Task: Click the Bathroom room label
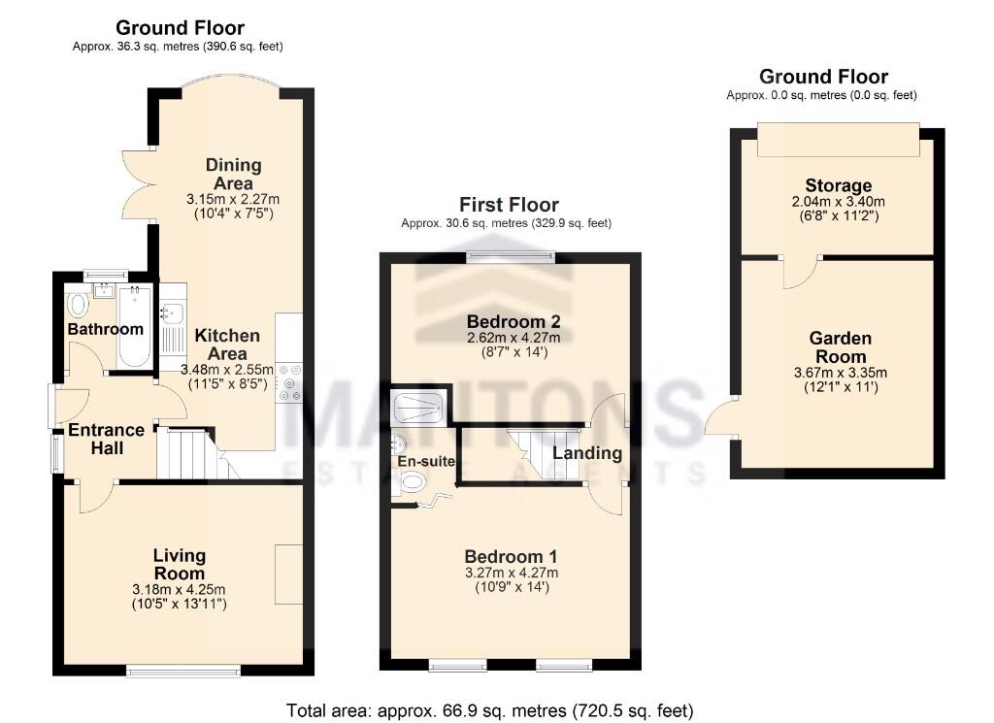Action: [106, 329]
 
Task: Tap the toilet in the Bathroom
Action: [78, 305]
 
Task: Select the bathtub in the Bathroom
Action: [134, 326]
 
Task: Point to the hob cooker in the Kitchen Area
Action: [288, 381]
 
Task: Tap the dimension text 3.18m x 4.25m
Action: [179, 589]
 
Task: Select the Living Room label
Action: [179, 564]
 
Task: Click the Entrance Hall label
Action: [106, 439]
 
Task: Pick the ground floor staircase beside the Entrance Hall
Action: [190, 454]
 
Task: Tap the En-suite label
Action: [425, 462]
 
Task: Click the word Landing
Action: [587, 453]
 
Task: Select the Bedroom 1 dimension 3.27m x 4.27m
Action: [511, 573]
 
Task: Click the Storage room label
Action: [838, 185]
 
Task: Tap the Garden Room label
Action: [840, 346]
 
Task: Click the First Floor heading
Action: [509, 205]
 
